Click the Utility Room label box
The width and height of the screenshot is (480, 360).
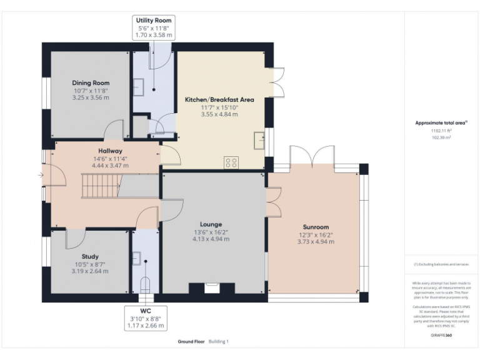point(154,29)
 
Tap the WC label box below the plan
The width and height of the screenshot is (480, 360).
point(145,318)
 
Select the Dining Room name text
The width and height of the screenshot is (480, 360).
point(91,83)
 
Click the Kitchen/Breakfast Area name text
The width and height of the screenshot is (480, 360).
point(219,99)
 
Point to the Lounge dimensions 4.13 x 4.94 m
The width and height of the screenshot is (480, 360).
point(211,239)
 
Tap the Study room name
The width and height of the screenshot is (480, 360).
point(90,256)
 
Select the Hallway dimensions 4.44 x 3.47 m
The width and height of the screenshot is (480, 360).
point(109,166)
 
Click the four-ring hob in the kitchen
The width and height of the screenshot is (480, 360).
point(231,162)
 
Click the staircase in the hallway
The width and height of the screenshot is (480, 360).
point(101,186)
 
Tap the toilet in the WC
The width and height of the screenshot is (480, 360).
point(145,285)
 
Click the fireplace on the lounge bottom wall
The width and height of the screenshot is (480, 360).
point(211,288)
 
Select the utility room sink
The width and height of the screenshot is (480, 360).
point(138,86)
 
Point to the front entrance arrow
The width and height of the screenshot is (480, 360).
point(41,176)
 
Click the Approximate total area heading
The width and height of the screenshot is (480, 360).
point(441,123)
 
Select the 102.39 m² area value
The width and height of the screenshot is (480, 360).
point(441,137)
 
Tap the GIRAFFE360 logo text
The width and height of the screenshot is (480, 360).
point(441,336)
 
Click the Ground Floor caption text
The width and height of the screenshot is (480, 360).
point(191,342)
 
